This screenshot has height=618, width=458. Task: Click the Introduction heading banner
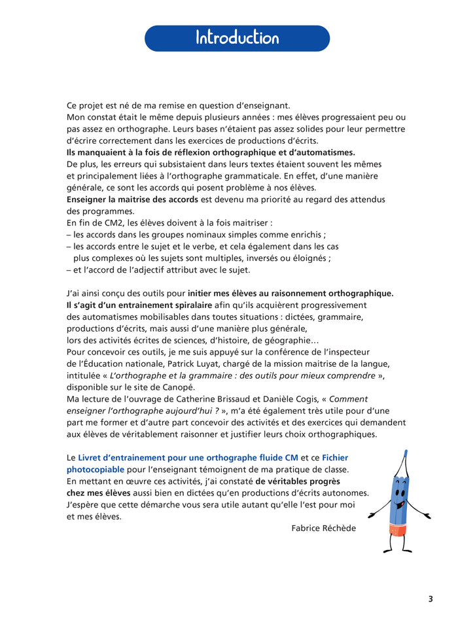click(x=237, y=38)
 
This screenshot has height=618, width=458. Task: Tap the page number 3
click(x=431, y=598)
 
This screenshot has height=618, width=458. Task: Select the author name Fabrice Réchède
click(x=324, y=528)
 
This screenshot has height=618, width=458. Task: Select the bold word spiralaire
click(x=171, y=305)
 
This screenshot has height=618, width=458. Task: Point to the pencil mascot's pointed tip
click(x=407, y=453)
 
